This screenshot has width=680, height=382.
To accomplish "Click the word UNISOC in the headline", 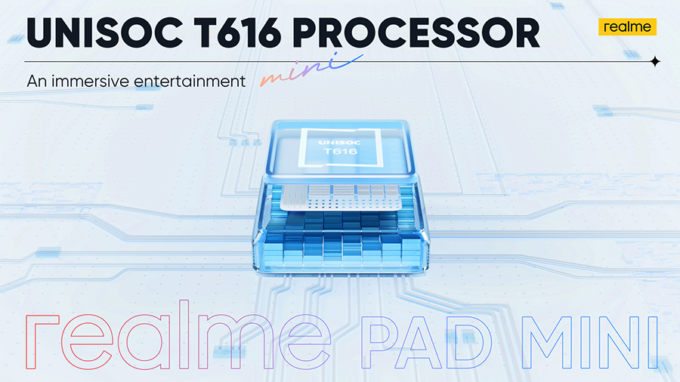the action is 104,33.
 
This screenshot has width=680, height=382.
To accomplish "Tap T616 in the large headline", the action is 237,33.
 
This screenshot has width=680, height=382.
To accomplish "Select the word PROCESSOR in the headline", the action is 416,33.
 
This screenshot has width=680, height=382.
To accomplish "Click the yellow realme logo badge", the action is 627,27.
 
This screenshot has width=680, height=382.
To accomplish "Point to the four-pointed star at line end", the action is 655,62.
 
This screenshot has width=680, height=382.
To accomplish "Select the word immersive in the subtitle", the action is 90,81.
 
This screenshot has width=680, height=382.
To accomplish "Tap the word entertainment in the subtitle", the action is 190,81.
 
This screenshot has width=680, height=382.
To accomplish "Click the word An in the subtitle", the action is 37,81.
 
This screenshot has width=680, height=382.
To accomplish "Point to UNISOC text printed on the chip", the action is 339,143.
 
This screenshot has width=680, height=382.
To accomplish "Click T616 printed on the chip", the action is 340,151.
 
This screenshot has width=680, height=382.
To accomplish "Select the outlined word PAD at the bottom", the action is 423,343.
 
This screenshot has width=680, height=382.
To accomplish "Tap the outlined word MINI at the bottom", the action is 590,342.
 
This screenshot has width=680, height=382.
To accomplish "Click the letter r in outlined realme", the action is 42,342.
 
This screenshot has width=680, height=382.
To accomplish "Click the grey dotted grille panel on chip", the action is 342,198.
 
